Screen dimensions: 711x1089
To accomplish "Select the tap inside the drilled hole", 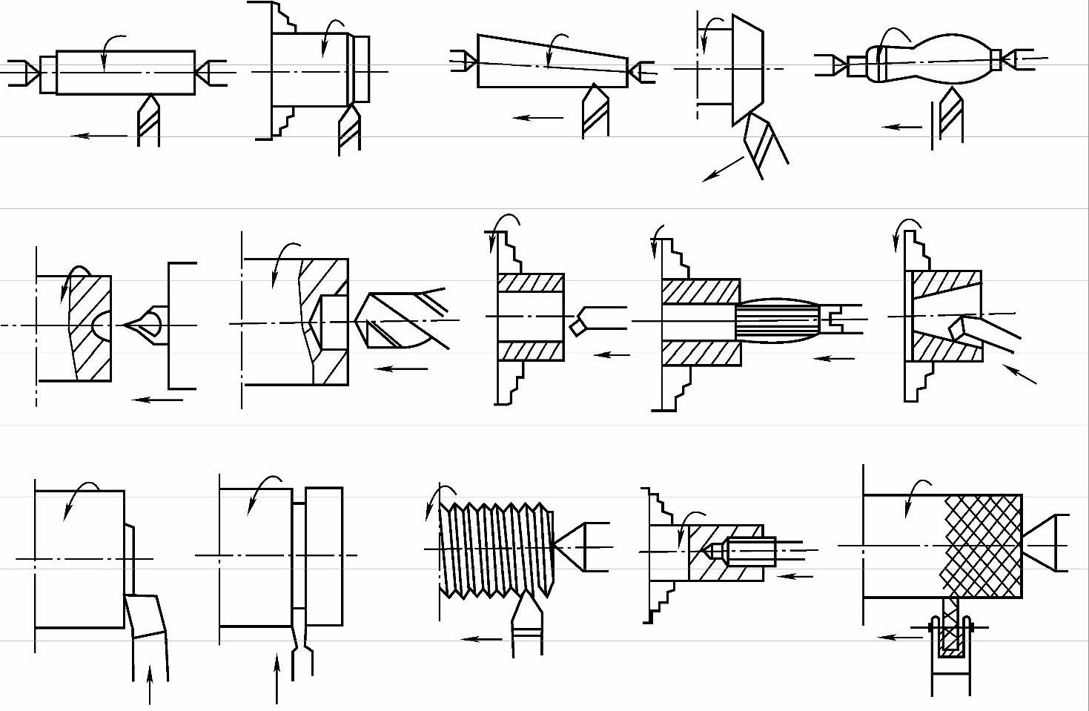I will coord(749,551).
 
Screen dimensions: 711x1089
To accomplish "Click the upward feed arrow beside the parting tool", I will coord(277,678).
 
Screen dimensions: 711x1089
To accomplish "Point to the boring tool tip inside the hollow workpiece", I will coord(577,325).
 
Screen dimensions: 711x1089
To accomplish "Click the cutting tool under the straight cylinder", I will coord(149,119).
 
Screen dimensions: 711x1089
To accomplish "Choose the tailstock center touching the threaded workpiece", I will coord(582,547).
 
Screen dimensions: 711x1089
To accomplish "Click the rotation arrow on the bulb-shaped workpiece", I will coord(895,37).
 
